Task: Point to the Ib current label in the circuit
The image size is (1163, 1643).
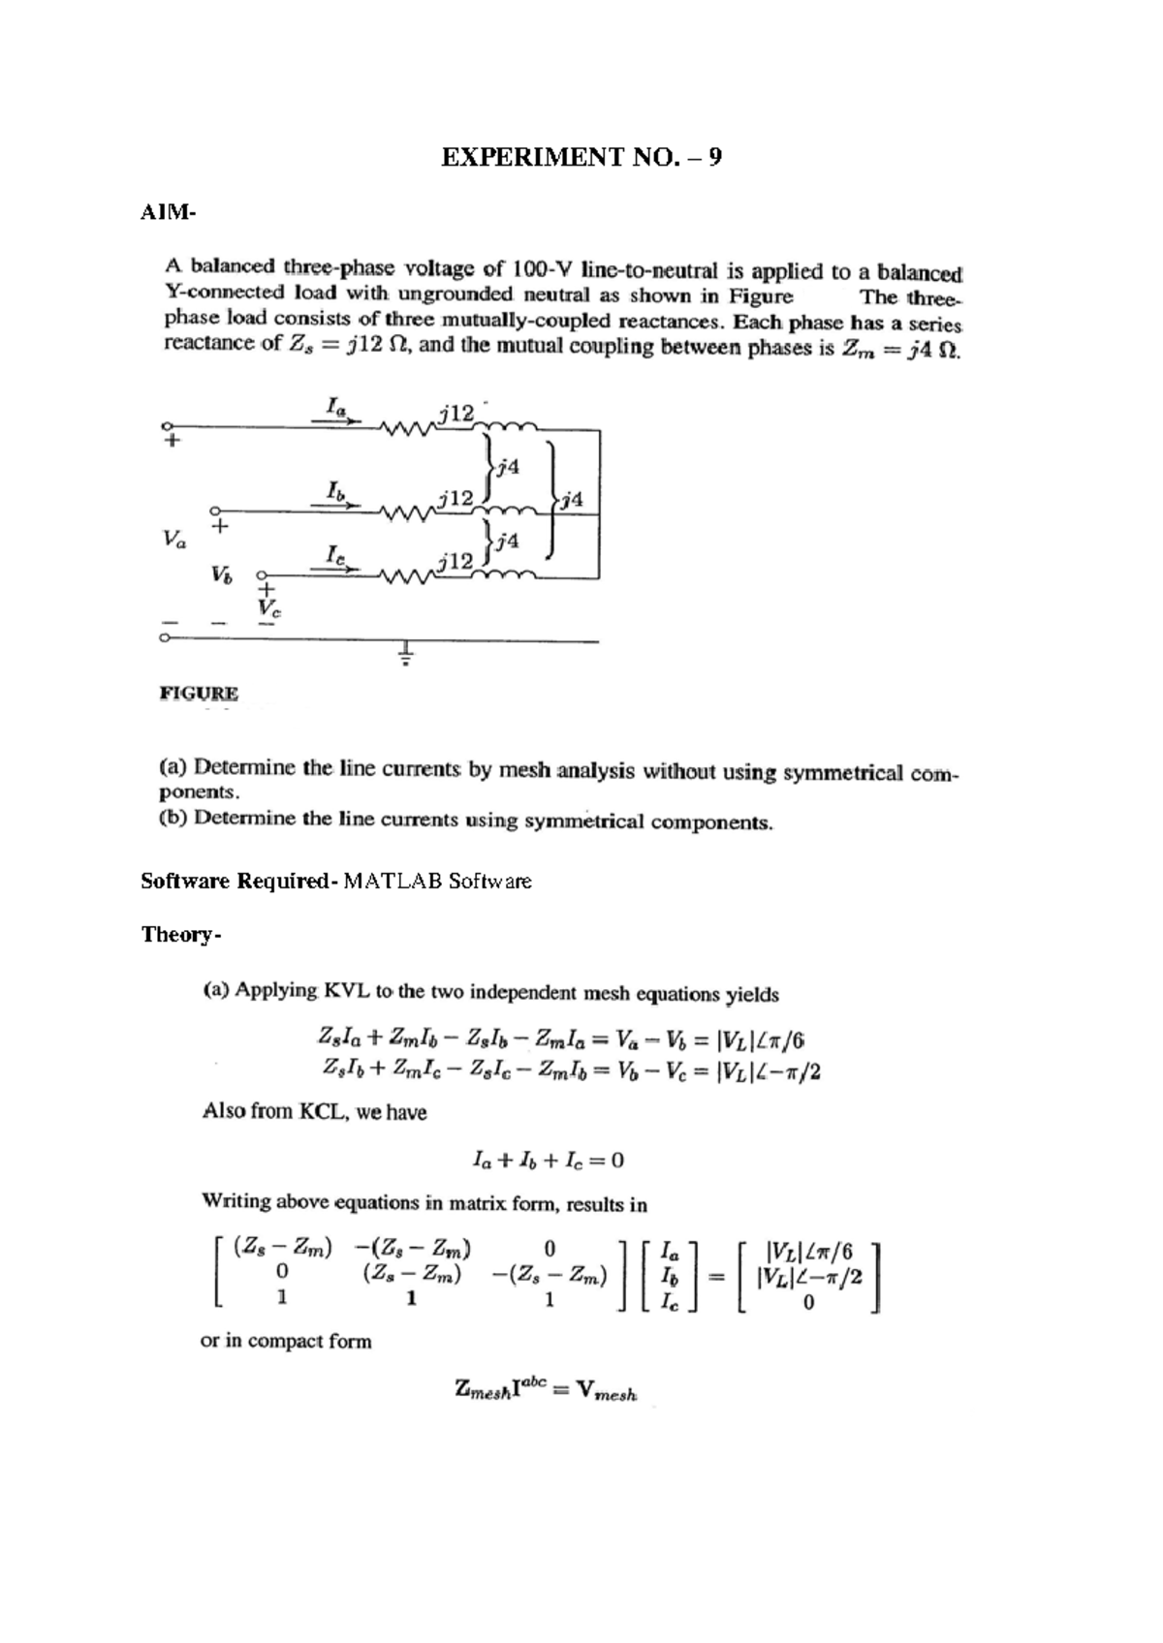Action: (335, 489)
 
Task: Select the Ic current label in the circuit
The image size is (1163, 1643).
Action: (334, 555)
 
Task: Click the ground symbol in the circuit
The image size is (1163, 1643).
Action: (406, 655)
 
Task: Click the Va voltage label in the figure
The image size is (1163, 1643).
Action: (175, 540)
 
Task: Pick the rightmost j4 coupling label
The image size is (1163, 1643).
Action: (572, 500)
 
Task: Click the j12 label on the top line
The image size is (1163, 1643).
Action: (455, 414)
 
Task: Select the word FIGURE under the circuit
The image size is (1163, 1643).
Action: (199, 693)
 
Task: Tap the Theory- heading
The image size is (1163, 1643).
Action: (181, 934)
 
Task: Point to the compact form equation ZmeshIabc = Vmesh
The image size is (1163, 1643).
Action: (546, 1390)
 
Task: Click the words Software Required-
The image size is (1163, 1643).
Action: (238, 881)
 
